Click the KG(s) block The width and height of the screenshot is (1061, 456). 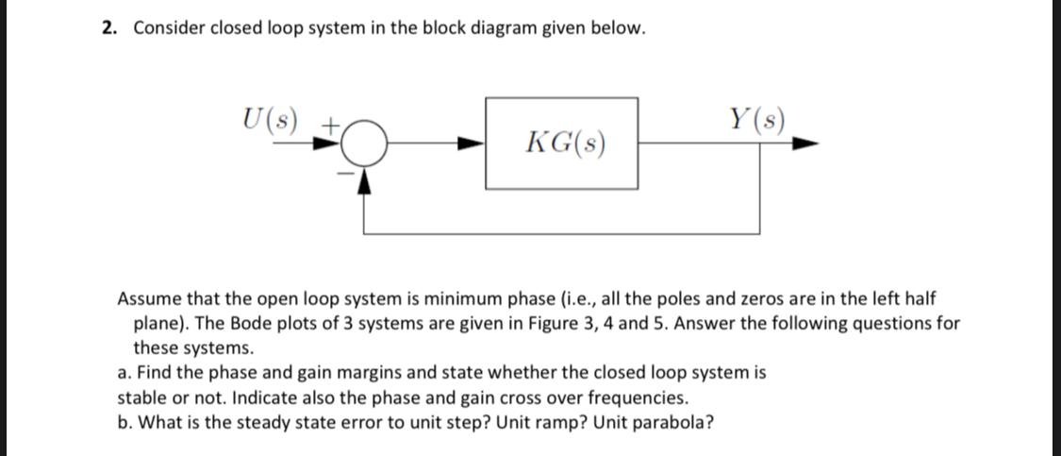(x=561, y=143)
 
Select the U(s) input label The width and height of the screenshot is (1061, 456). (x=269, y=119)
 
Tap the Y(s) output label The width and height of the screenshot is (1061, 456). (x=757, y=119)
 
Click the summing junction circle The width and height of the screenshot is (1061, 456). (x=364, y=145)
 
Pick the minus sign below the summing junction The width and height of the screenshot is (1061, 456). (x=345, y=174)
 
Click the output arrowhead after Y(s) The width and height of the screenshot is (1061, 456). (x=804, y=144)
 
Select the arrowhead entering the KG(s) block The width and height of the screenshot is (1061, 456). (x=475, y=144)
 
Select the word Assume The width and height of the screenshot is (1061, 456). (x=147, y=298)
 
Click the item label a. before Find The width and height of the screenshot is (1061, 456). (x=124, y=372)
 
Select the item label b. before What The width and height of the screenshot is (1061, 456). (x=125, y=421)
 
